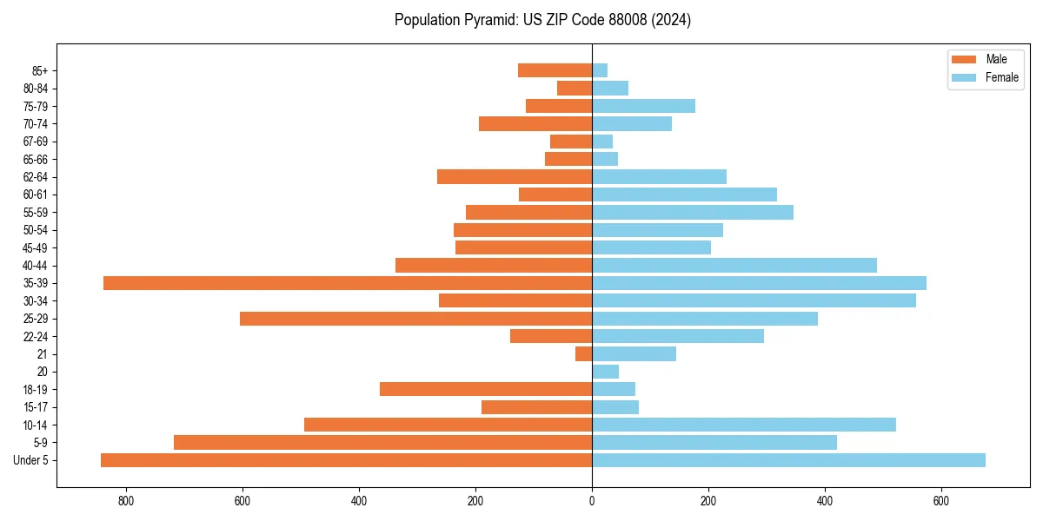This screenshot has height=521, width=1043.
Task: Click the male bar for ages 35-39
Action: point(348,283)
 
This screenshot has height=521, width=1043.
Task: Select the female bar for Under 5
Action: point(788,460)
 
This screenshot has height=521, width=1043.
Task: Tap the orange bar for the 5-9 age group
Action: point(382,443)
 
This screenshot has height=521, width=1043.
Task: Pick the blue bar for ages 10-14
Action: point(744,425)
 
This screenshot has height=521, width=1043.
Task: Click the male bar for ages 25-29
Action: point(415,319)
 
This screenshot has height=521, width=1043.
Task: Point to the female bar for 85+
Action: point(600,70)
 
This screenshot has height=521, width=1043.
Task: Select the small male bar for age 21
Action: point(583,354)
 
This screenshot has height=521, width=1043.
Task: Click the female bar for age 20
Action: point(605,372)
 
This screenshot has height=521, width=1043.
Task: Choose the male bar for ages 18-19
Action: point(486,389)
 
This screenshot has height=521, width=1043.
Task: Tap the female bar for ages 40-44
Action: point(734,265)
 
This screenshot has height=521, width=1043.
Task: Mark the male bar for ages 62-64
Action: point(515,176)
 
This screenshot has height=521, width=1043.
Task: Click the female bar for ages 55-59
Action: point(693,212)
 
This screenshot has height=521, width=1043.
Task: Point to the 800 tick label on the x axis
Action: point(126,501)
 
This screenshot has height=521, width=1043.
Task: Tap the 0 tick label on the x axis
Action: point(592,501)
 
